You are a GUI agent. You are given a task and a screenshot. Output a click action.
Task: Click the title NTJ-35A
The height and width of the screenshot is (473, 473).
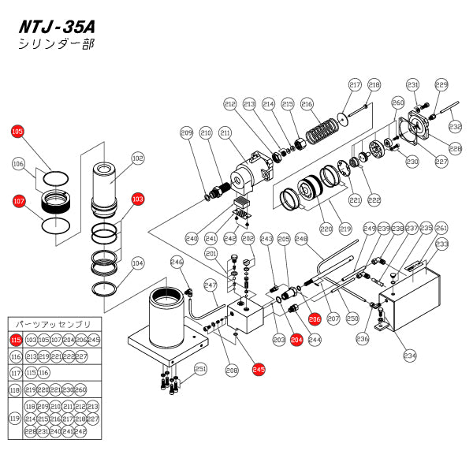66,25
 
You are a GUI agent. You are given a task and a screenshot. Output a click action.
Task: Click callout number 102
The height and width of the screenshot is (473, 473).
138,158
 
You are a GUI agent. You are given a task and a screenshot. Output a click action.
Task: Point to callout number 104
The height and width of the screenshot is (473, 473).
138,263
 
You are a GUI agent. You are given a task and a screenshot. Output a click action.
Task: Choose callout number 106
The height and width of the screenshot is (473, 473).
18,163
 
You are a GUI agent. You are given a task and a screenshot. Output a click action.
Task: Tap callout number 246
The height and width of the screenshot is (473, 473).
176,263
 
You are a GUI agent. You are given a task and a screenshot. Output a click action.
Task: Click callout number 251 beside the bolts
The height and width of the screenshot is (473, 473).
200,368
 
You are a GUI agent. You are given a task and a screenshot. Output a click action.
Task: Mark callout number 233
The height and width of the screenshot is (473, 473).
442,244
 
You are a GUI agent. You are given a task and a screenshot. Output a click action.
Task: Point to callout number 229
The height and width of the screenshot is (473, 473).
441,84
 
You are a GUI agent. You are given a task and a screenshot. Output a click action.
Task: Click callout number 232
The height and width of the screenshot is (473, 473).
455,126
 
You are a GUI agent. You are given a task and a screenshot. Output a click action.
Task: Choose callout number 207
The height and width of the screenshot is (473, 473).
333,318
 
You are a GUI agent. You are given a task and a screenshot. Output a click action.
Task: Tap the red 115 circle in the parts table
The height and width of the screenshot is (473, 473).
16,340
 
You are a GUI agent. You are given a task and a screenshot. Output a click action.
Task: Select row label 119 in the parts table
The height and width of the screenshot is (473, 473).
16,418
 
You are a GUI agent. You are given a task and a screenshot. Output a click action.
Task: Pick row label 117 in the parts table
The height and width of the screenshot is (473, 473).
16,372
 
